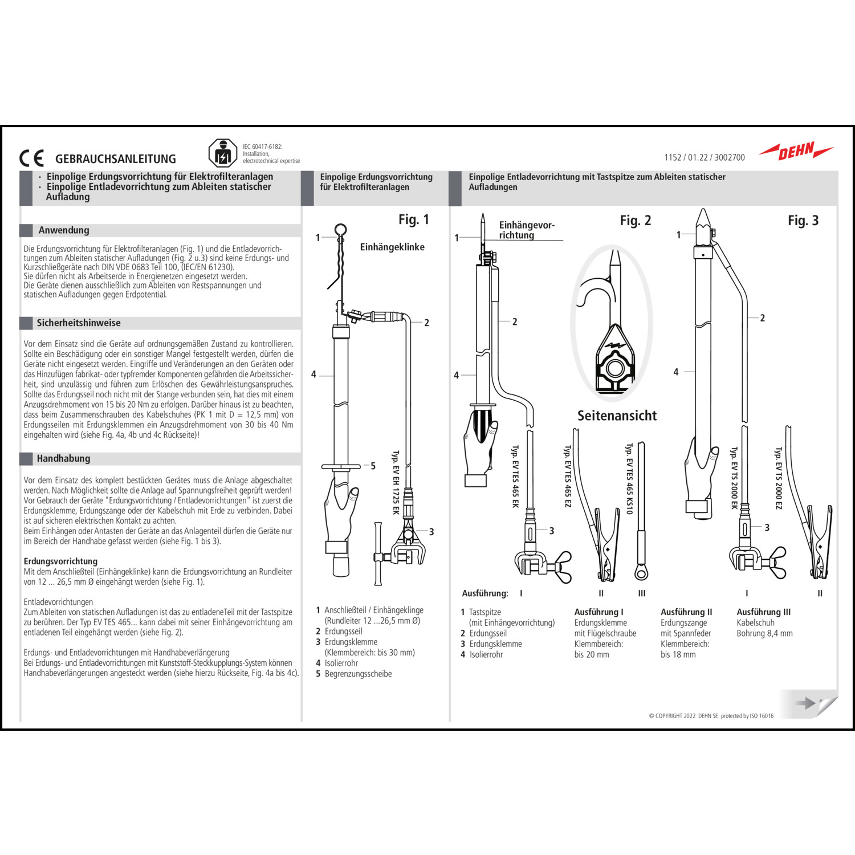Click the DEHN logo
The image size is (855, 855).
tap(796, 152)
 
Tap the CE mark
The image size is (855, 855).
tap(31, 158)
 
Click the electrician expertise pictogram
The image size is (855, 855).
tap(222, 153)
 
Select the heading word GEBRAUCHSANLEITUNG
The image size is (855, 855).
tap(116, 159)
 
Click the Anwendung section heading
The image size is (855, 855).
tap(64, 230)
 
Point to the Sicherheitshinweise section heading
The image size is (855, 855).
tap(79, 323)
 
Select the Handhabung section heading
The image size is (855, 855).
tap(63, 458)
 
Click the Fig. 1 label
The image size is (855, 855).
tap(413, 219)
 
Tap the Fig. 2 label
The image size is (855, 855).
tap(635, 221)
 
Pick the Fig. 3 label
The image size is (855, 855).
tap(803, 221)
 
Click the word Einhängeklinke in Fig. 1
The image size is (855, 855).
tap(392, 247)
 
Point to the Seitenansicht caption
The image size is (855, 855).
tap(617, 416)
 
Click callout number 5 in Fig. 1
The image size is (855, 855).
tap(373, 466)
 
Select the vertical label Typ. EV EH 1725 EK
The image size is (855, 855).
tap(396, 482)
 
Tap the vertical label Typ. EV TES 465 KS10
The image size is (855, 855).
tap(629, 478)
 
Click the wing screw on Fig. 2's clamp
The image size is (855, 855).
tap(561, 566)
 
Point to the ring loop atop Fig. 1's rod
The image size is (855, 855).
tap(340, 230)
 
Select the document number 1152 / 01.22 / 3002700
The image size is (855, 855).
tap(704, 157)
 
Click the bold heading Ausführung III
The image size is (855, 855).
tap(763, 612)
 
